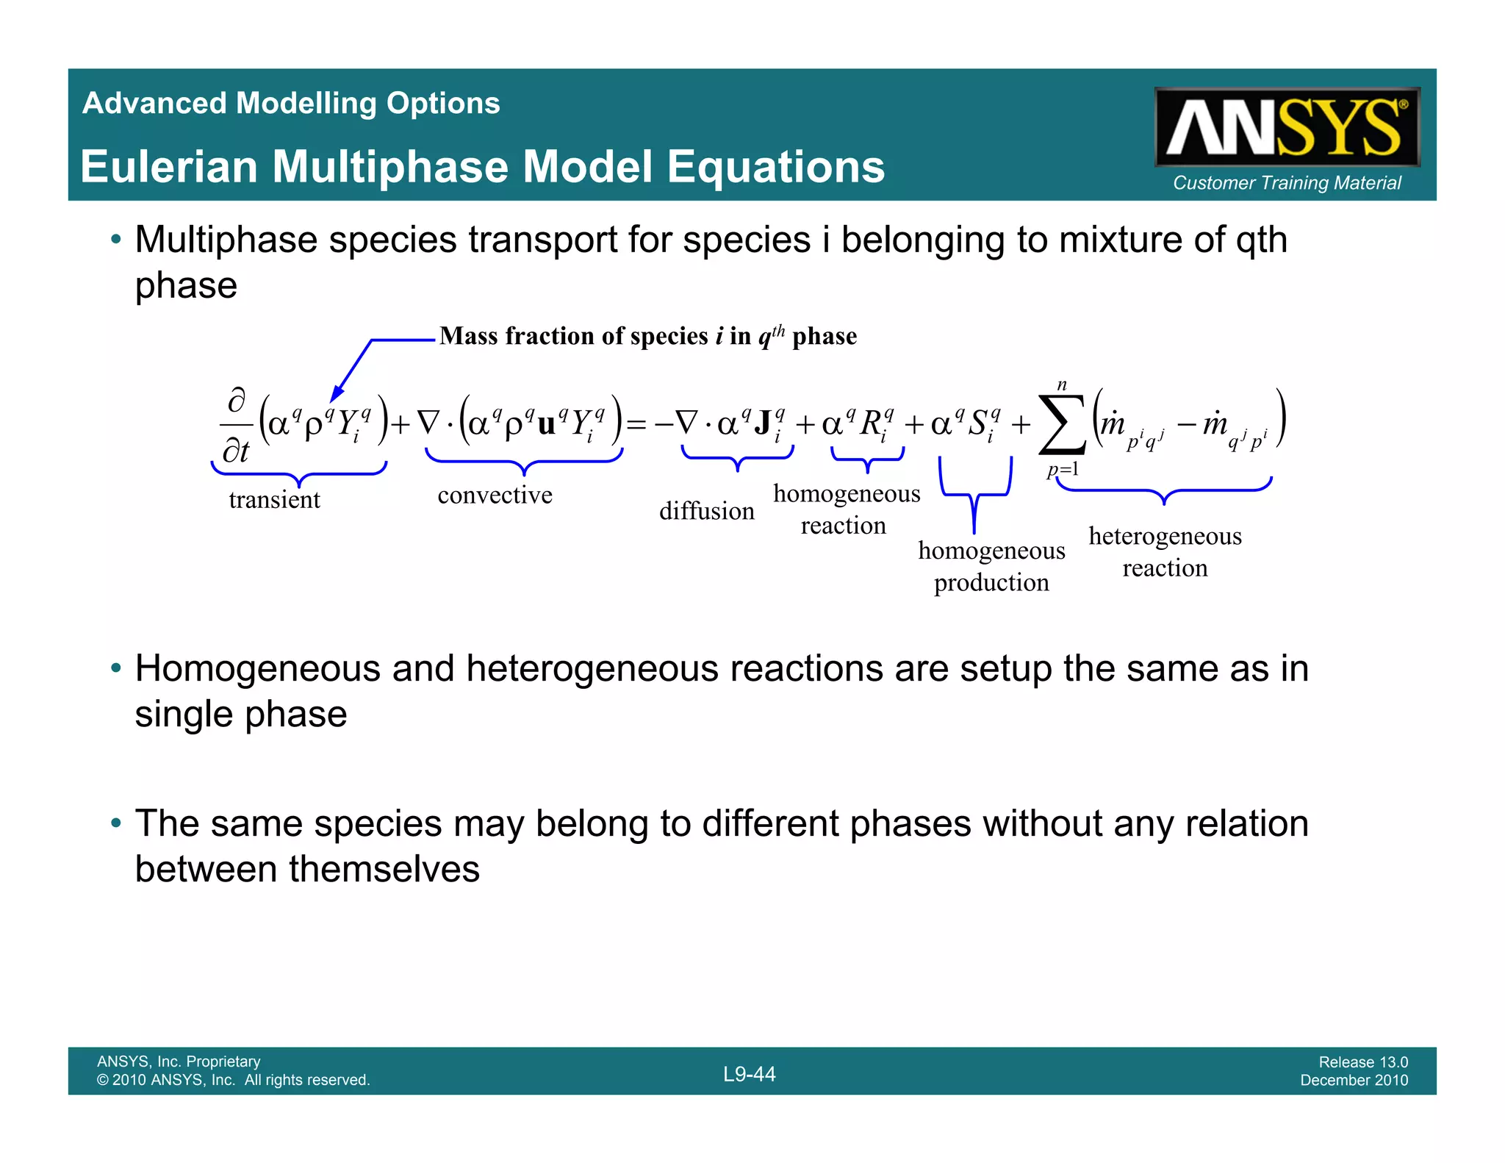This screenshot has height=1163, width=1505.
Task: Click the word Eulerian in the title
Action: [169, 167]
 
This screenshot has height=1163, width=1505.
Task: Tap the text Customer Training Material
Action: [1287, 183]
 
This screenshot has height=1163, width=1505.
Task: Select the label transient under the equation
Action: [274, 500]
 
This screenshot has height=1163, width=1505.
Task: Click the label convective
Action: [495, 495]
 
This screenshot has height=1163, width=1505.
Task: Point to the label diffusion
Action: [706, 511]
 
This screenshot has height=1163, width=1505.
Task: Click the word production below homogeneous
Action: [991, 582]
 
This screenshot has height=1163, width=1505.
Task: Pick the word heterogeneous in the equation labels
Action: [1165, 536]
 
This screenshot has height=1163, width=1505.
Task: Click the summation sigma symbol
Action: [1061, 425]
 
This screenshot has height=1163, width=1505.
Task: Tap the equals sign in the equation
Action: [636, 425]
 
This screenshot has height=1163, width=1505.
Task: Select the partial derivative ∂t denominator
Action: [236, 451]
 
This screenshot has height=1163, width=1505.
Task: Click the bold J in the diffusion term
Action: [762, 423]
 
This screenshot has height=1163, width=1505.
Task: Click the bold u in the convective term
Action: [547, 425]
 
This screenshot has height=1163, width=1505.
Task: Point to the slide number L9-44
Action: [749, 1074]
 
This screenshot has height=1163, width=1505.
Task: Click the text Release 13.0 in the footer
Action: [1362, 1062]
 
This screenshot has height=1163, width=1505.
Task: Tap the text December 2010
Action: [1354, 1080]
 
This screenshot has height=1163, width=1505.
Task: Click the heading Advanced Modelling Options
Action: [291, 103]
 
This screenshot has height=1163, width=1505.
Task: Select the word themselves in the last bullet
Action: [384, 870]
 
